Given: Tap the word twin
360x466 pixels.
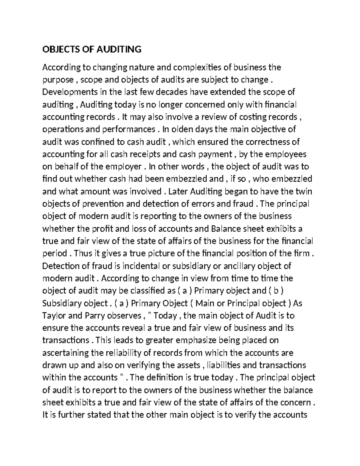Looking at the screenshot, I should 304,191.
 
